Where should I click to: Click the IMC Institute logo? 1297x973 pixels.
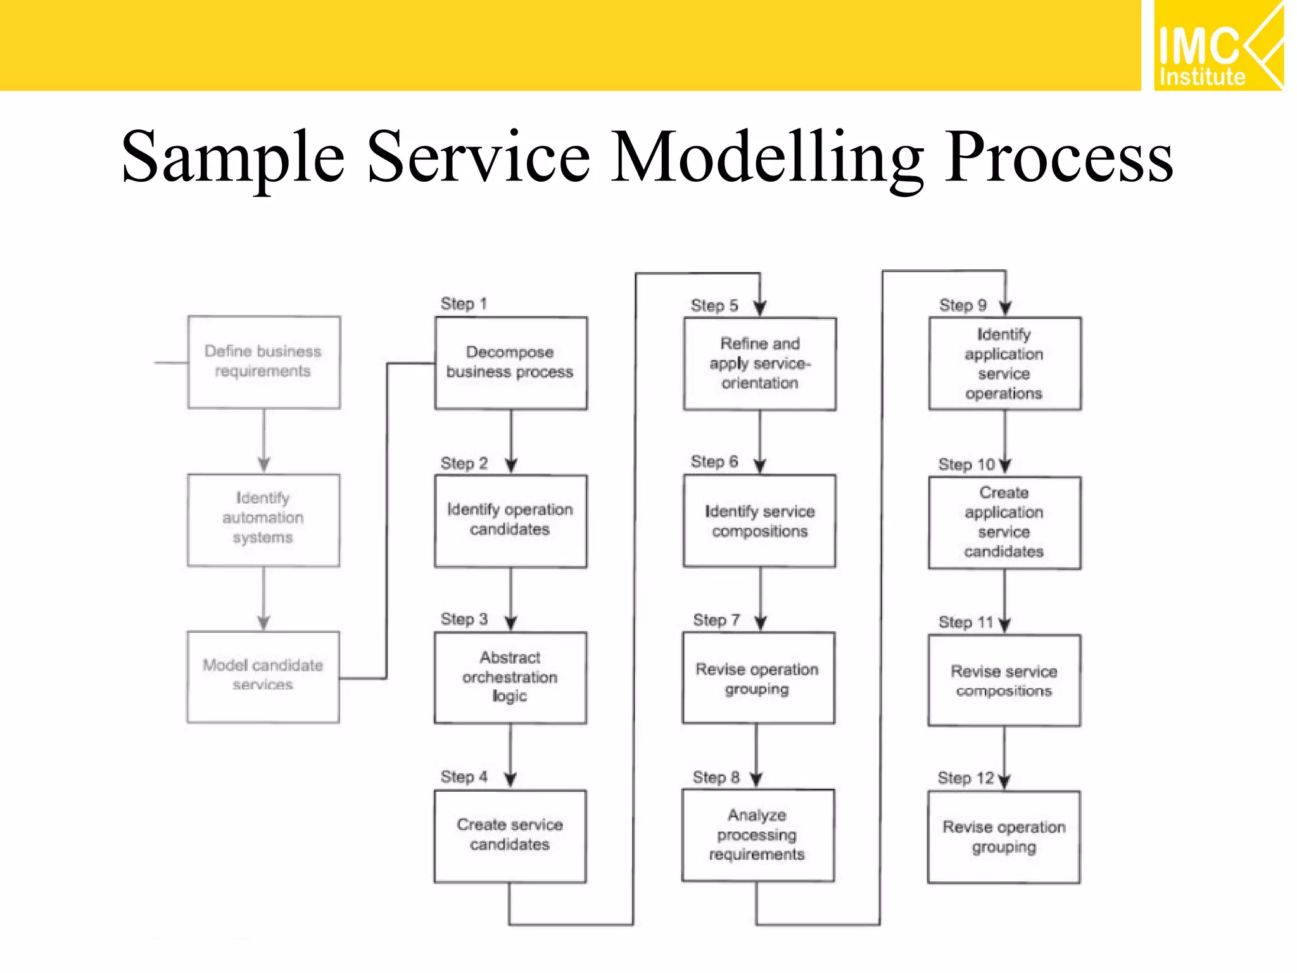click(x=1218, y=46)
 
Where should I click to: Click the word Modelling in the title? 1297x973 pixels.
click(x=767, y=156)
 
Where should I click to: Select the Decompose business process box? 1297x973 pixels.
click(x=510, y=362)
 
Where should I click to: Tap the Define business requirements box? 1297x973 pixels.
click(x=263, y=362)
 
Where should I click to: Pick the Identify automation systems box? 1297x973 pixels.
click(x=263, y=519)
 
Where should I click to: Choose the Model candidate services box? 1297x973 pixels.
click(x=263, y=677)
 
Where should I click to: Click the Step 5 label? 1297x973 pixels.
click(x=714, y=305)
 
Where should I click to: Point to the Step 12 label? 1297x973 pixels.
click(x=966, y=778)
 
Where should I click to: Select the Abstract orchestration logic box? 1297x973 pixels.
click(x=510, y=677)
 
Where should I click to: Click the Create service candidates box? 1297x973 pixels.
click(x=510, y=835)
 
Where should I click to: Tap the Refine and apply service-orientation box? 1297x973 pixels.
click(x=759, y=364)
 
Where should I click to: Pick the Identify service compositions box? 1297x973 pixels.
click(x=759, y=521)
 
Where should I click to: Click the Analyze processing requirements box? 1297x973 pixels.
click(x=757, y=835)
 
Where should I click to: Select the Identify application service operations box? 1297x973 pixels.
click(x=1004, y=364)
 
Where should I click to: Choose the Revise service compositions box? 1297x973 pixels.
click(x=1004, y=680)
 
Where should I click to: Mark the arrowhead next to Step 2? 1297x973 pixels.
click(x=512, y=466)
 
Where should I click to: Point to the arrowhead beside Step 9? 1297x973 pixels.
click(x=1006, y=308)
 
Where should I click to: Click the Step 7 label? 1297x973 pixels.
click(x=716, y=620)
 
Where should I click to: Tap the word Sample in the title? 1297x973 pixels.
click(x=233, y=156)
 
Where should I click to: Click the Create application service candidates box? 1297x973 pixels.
click(x=1004, y=522)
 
